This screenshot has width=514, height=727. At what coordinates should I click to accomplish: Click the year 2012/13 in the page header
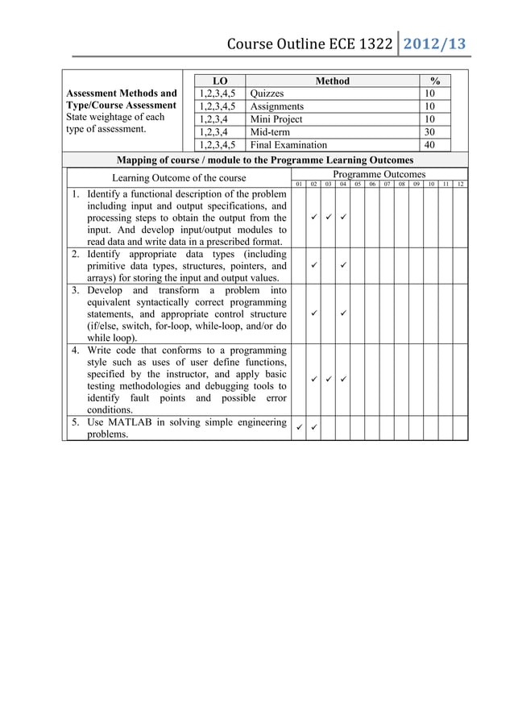click(x=434, y=44)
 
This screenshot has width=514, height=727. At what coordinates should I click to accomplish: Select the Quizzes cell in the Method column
click(x=267, y=93)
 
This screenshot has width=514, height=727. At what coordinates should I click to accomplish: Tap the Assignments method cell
click(x=277, y=106)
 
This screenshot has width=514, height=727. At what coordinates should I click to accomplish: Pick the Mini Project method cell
click(x=276, y=119)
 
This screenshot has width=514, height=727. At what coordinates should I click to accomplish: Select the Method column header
click(x=332, y=81)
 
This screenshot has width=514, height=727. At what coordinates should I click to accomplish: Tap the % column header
click(x=436, y=81)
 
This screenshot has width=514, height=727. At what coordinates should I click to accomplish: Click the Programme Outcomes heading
click(x=379, y=173)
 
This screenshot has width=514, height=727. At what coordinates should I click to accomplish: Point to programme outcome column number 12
click(x=459, y=184)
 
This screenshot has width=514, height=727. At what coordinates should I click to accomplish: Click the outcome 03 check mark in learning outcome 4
click(x=328, y=378)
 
